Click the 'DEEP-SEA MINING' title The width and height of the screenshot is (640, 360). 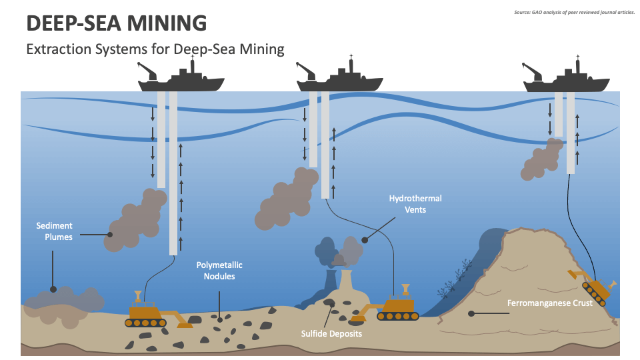point(116,23)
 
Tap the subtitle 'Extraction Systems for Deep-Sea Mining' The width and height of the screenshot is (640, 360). point(155,49)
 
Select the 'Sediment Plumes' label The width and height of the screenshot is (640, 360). point(55,231)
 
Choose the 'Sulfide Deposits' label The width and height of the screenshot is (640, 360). point(331,333)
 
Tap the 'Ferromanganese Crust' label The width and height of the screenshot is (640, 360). point(549,303)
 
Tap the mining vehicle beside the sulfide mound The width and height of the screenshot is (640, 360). point(398,307)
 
